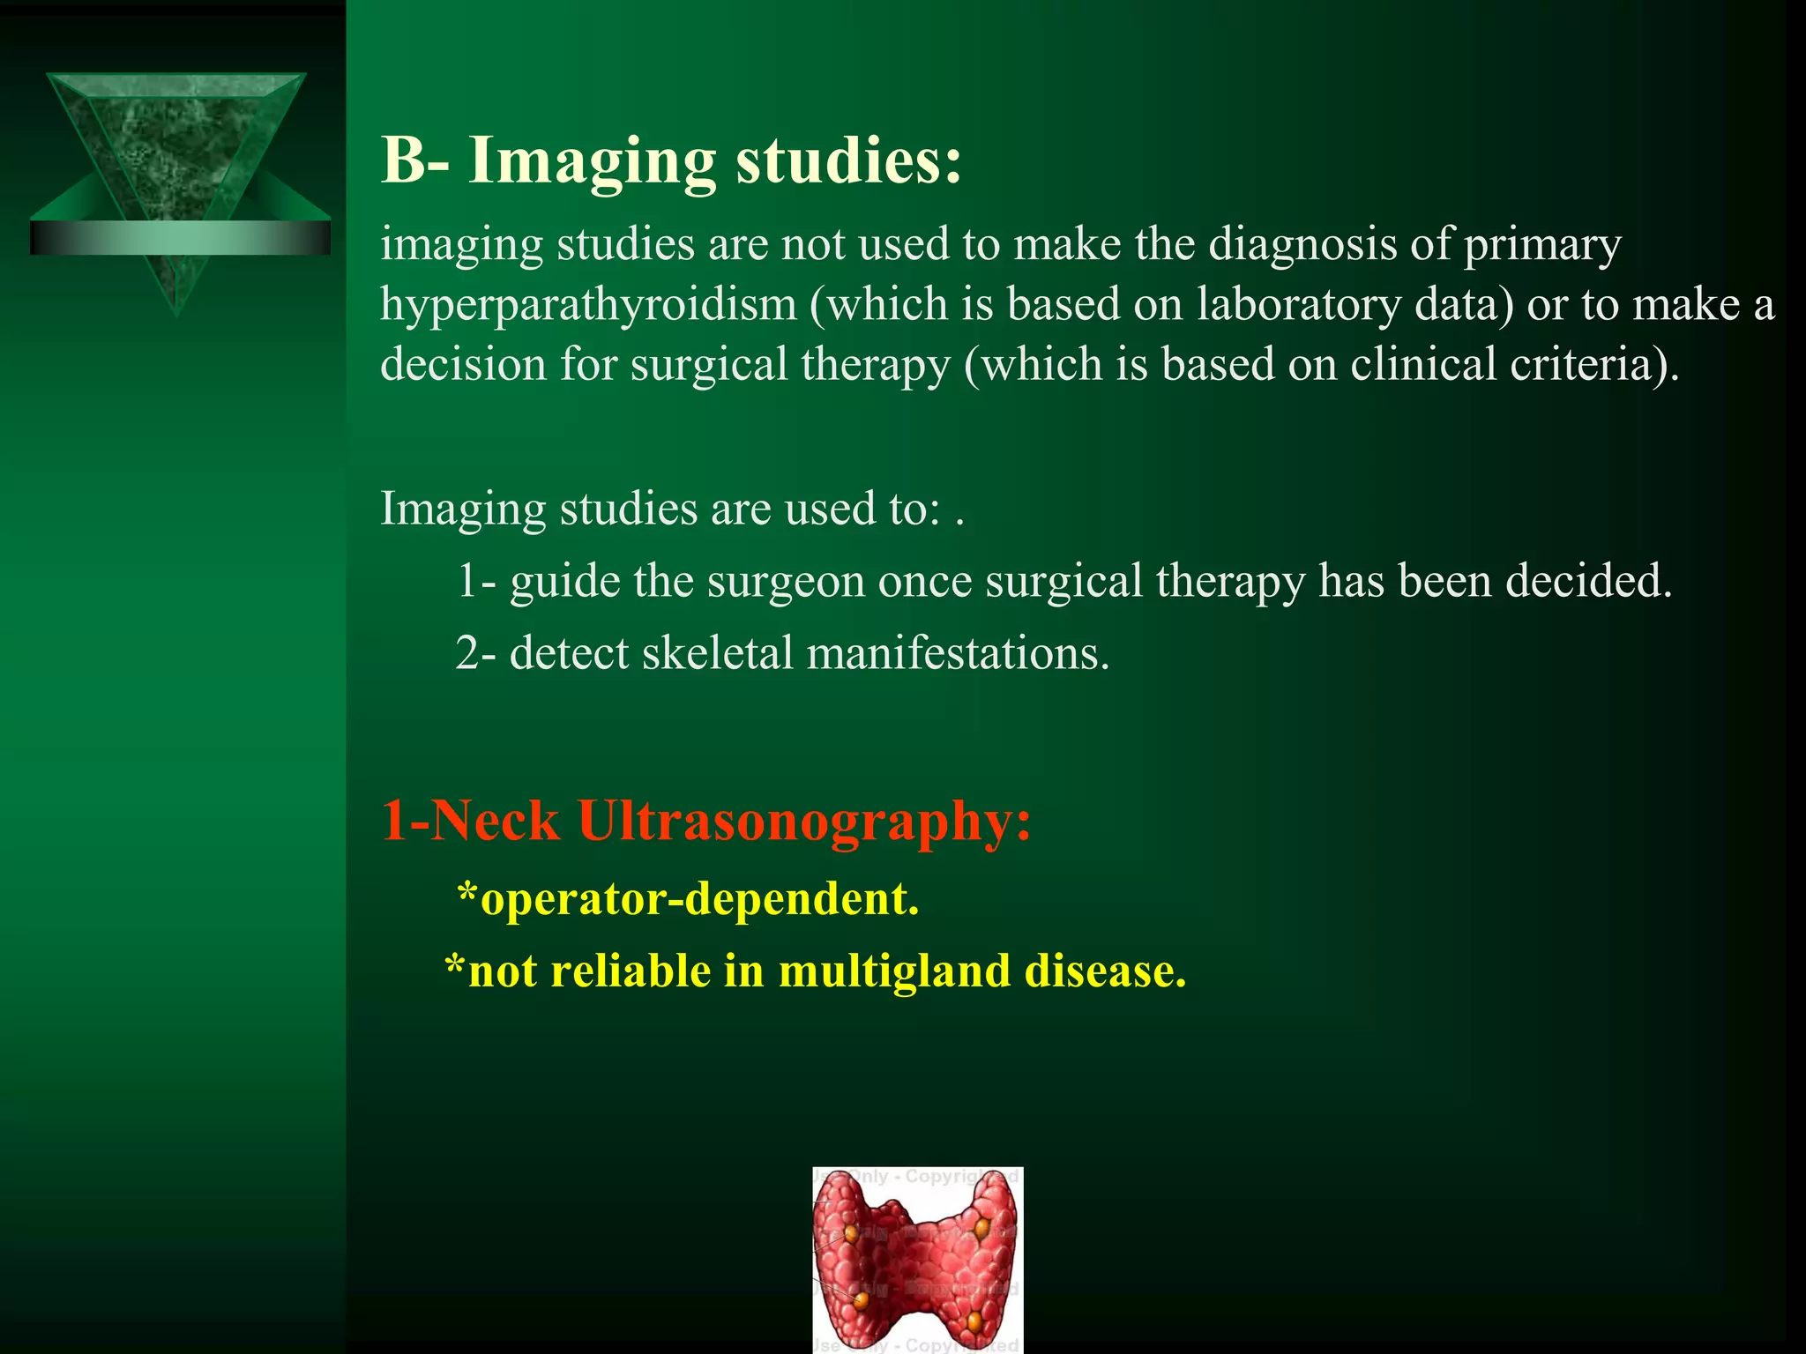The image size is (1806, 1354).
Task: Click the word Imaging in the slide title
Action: click(x=592, y=162)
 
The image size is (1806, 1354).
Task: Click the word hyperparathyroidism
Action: click(x=588, y=305)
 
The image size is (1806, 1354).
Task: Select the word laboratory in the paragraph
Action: click(x=1298, y=305)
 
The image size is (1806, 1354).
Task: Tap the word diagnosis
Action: click(x=1302, y=245)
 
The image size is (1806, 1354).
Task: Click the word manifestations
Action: click(x=958, y=654)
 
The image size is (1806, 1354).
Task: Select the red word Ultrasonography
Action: click(x=803, y=821)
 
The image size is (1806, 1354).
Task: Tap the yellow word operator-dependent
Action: click(x=699, y=900)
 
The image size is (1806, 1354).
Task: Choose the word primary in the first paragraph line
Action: click(x=1542, y=245)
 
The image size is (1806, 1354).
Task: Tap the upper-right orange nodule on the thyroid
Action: click(x=981, y=1226)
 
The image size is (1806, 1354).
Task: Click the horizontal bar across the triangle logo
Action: click(x=180, y=238)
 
